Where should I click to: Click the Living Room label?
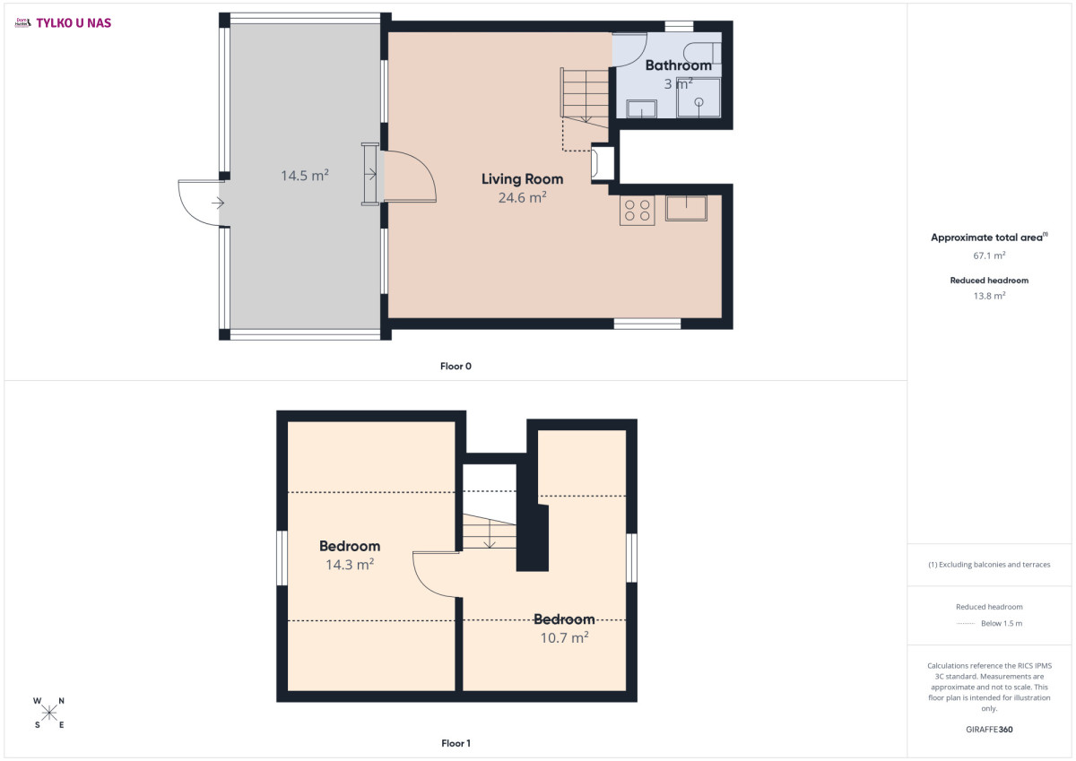tap(522, 179)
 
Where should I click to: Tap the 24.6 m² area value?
tap(522, 197)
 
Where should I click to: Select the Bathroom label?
tap(678, 65)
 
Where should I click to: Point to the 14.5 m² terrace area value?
tap(305, 176)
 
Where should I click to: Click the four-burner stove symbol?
tap(637, 211)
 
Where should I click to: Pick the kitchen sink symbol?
tap(686, 208)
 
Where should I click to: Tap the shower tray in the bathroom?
tap(699, 98)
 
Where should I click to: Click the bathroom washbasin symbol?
tap(641, 108)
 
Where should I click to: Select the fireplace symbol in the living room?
tap(603, 163)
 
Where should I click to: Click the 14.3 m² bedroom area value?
tap(350, 565)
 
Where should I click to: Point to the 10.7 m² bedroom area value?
tap(564, 637)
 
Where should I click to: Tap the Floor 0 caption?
tap(456, 366)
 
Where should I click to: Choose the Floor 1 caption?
tap(456, 743)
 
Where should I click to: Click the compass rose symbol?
tap(49, 713)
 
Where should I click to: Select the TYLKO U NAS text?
tap(74, 23)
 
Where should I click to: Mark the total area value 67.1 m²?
tap(989, 255)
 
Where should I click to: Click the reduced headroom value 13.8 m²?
tap(989, 296)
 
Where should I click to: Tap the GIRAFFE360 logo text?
tap(989, 730)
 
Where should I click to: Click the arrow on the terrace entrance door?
tap(218, 203)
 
